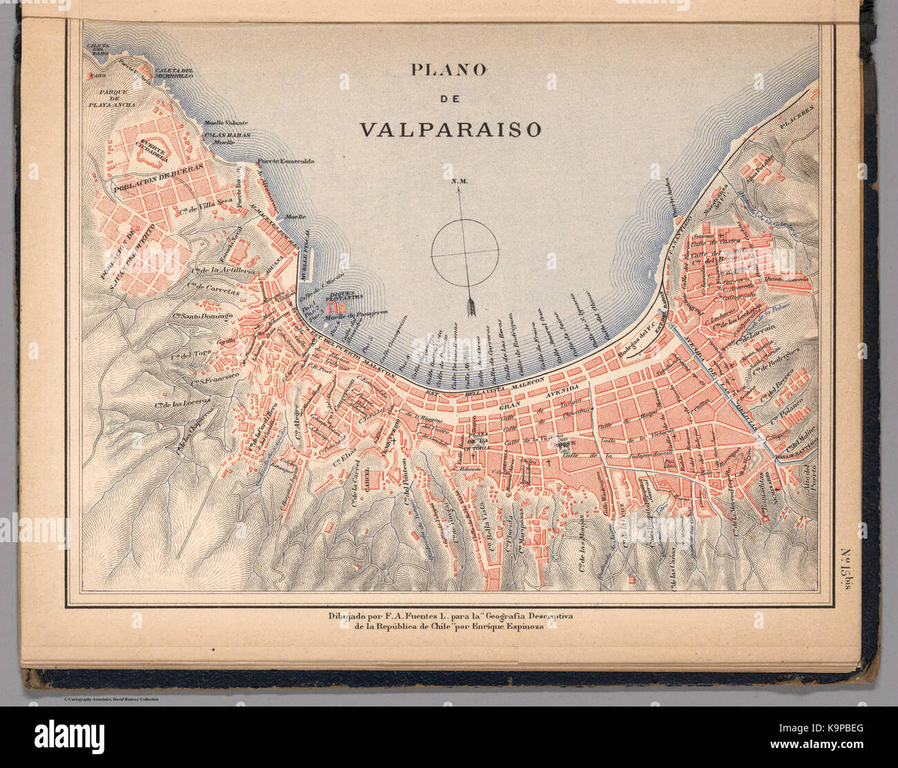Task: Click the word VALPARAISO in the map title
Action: coord(450,129)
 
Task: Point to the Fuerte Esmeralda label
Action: coord(287,162)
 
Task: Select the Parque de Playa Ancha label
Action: coord(117,98)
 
